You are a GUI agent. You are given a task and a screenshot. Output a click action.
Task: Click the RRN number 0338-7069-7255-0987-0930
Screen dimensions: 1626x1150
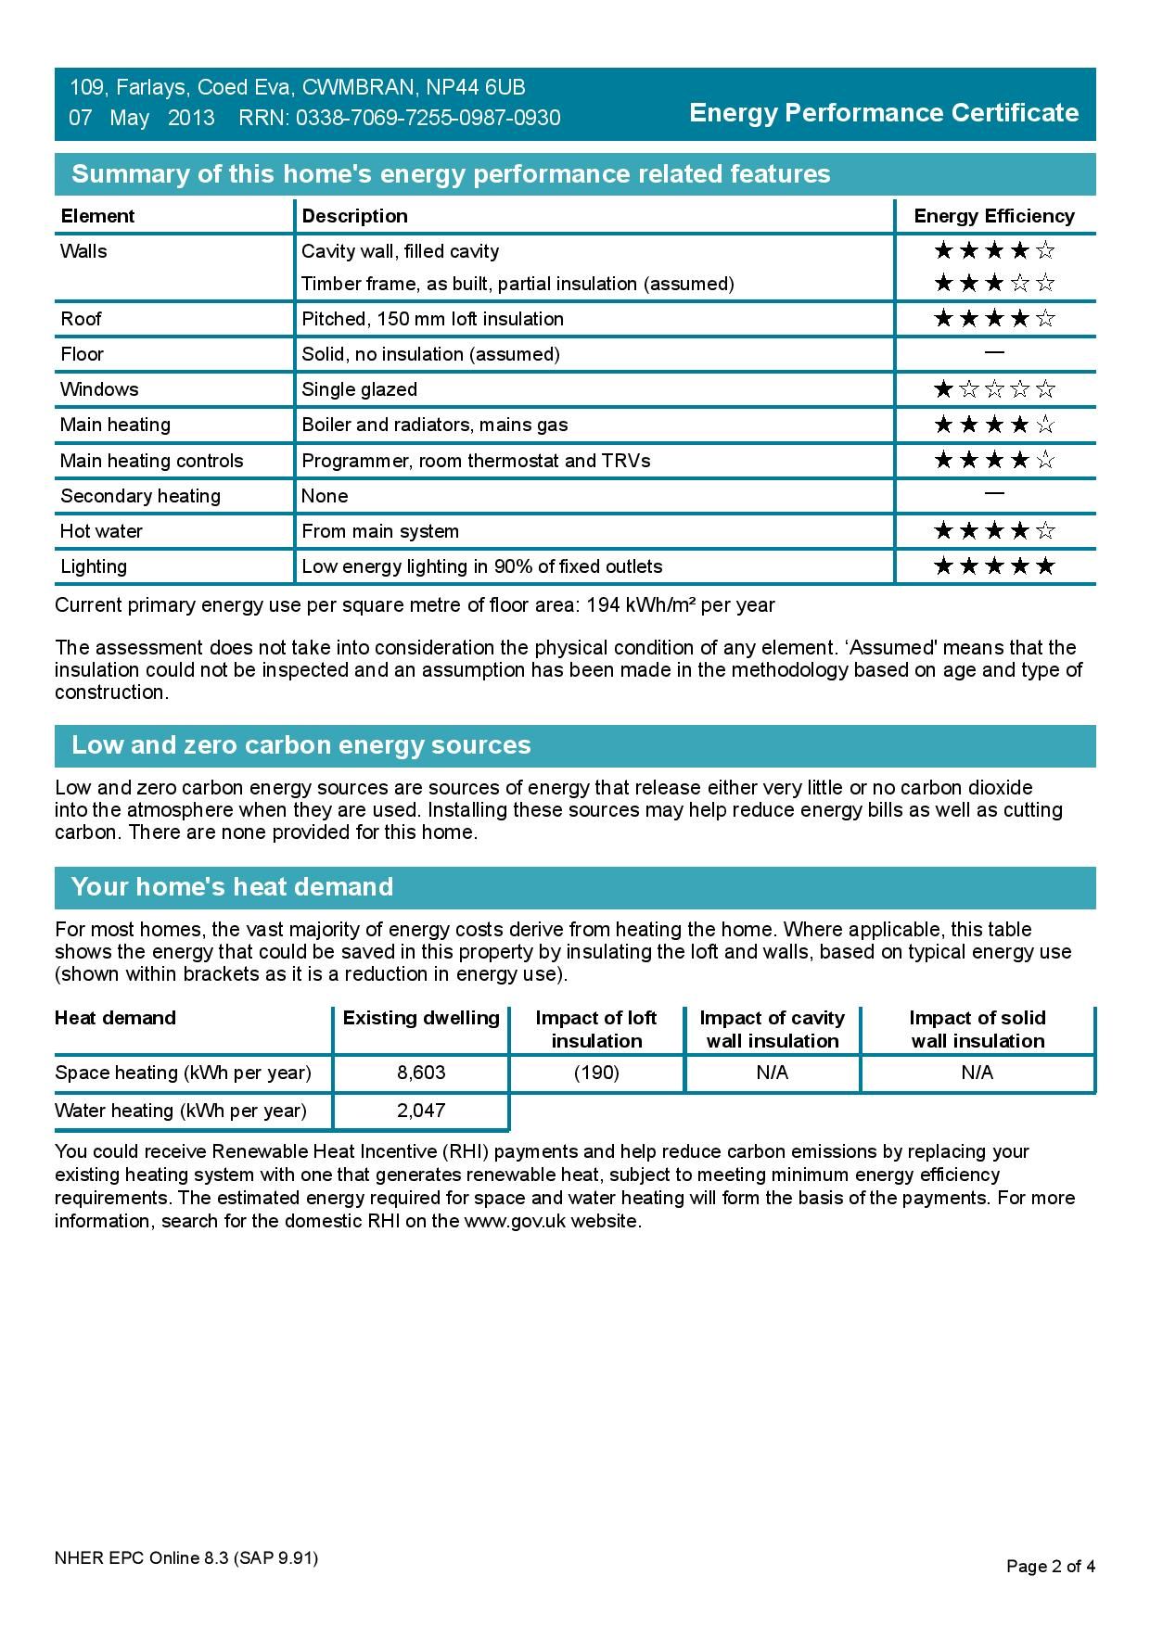428,118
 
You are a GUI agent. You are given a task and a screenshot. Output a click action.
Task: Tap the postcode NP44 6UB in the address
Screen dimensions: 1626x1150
476,87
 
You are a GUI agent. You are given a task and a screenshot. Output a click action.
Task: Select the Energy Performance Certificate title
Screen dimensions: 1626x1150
884,113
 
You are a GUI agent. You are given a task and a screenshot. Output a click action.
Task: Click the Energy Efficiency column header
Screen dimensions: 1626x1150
993,216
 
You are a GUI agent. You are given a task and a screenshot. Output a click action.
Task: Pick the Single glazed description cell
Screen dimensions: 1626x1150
360,389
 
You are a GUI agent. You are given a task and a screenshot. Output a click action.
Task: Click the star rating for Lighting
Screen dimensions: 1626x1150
994,566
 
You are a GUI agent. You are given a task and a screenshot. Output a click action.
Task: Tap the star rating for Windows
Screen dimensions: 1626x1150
994,389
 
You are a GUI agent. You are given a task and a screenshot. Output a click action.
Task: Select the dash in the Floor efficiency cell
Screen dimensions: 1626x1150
994,353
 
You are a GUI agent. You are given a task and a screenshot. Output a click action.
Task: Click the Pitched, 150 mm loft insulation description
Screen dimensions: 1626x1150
432,319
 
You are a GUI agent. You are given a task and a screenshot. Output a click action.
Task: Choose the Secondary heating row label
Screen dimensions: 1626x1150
140,496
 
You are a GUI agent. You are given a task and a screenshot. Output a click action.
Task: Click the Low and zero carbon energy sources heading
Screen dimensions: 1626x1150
301,745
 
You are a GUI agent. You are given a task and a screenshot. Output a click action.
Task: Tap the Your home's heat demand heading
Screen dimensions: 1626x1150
233,887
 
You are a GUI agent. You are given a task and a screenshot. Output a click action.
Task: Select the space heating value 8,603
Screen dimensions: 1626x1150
421,1073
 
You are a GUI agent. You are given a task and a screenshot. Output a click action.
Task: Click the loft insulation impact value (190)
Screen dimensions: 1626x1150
596,1073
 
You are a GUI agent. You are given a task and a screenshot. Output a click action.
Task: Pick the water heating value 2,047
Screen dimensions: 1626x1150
421,1111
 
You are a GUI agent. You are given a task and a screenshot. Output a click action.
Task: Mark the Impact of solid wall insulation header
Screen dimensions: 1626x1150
977,1029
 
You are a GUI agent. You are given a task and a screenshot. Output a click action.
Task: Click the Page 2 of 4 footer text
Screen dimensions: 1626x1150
1051,1567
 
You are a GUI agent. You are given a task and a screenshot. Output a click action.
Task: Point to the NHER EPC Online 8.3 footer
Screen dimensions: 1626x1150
186,1558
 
